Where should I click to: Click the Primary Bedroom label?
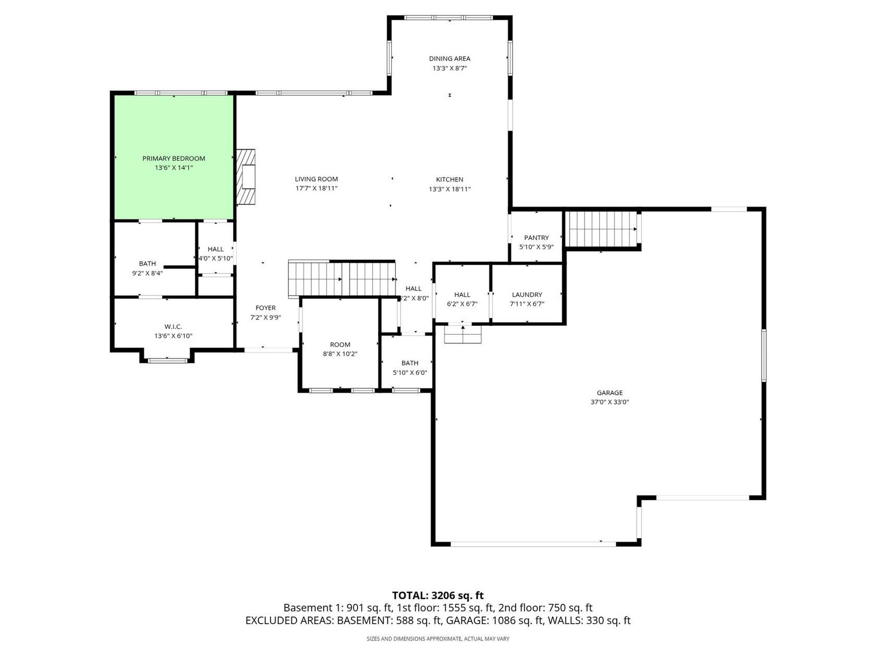[174, 159]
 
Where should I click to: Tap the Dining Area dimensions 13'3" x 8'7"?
[449, 68]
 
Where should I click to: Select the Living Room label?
[316, 179]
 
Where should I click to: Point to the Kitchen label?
[449, 179]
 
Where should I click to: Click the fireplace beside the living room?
[246, 177]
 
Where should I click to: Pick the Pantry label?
[537, 237]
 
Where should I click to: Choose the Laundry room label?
[527, 295]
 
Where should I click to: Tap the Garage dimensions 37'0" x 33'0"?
[610, 402]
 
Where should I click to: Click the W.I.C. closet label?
[173, 327]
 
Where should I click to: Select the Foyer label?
[265, 308]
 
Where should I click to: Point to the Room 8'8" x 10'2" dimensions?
[340, 354]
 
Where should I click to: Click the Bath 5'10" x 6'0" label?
[410, 363]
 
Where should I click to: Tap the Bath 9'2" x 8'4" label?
[147, 264]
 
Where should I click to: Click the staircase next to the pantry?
[602, 229]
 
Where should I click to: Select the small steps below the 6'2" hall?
[463, 334]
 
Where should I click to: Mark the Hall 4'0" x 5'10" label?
[215, 249]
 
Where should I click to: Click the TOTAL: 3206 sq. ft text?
[438, 595]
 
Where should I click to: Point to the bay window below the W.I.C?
[167, 360]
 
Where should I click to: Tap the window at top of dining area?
[449, 18]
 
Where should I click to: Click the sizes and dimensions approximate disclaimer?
[438, 639]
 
